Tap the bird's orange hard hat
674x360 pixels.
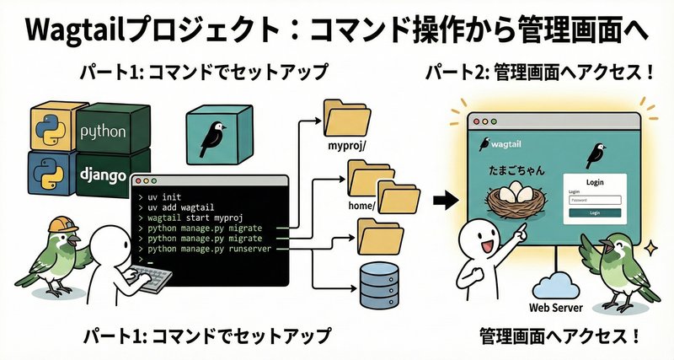coord(59,224)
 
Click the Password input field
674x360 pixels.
coord(595,200)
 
